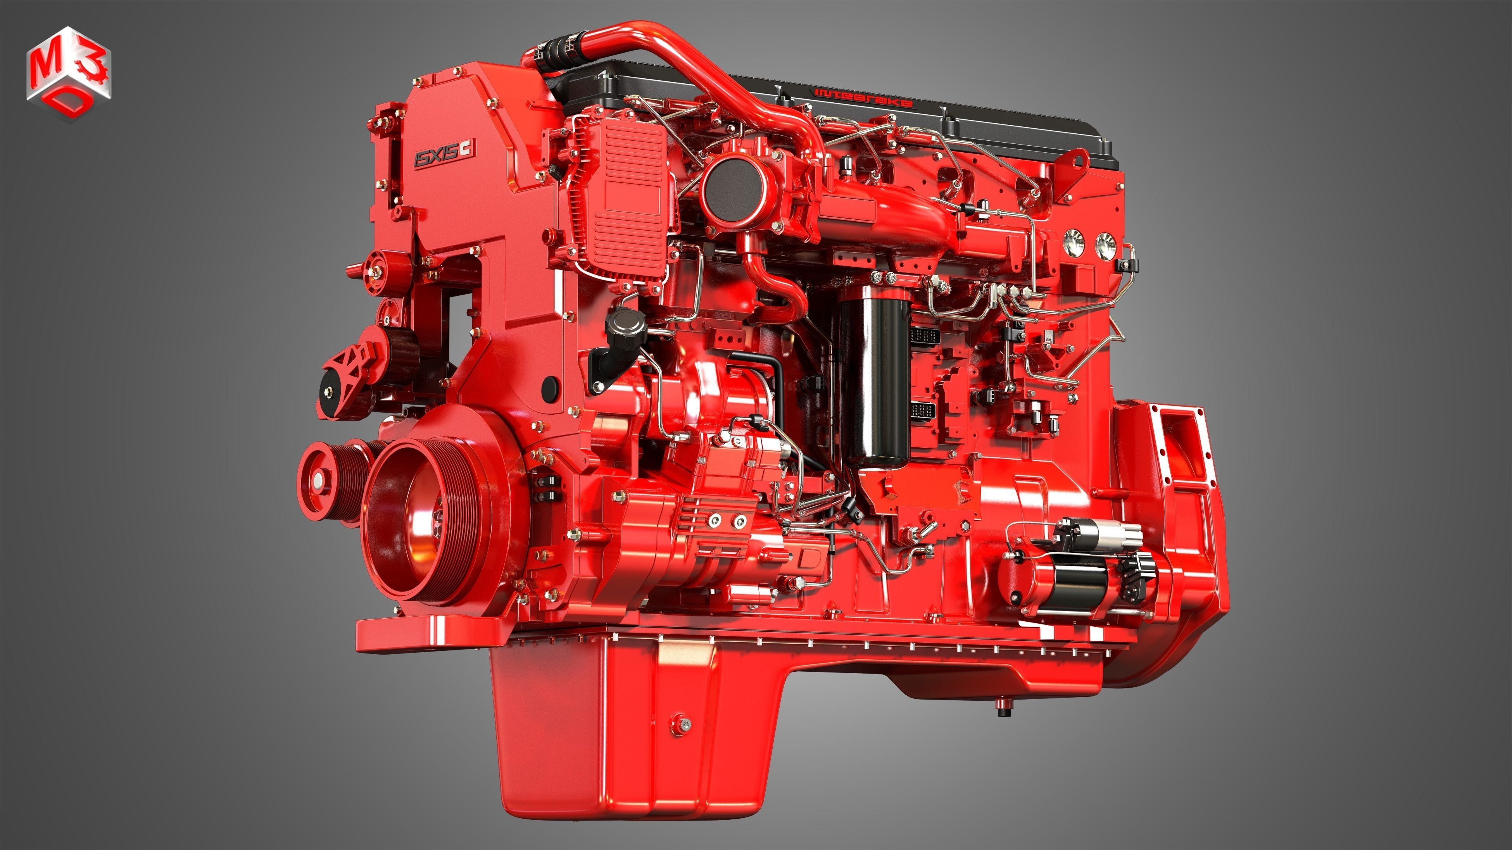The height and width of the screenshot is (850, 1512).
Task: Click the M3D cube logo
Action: click(69, 74)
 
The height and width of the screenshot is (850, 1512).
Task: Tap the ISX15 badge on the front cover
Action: click(444, 154)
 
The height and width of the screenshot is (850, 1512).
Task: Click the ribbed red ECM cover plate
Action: click(622, 200)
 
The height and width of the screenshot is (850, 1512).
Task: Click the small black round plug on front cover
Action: click(550, 385)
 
